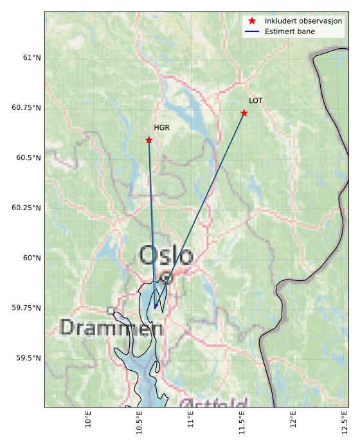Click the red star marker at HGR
[x=148, y=139]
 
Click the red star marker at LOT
[x=244, y=113]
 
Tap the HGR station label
[x=161, y=128]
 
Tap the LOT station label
[x=256, y=101]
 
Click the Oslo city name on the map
[x=166, y=255]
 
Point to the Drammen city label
[x=111, y=328]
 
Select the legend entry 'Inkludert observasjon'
[x=303, y=21]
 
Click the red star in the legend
[x=252, y=21]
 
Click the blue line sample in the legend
[x=252, y=31]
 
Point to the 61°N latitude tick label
[x=32, y=58]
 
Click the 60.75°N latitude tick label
[x=26, y=107]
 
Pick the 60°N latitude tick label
[x=32, y=258]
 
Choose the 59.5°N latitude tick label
[x=29, y=358]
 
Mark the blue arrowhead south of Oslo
[x=156, y=307]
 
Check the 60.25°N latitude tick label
[x=26, y=208]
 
